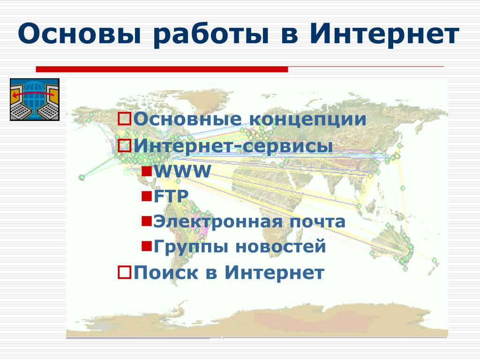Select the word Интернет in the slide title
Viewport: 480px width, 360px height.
click(x=384, y=34)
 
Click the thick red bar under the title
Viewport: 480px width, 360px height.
click(x=162, y=69)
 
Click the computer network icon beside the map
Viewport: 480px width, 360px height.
click(x=35, y=99)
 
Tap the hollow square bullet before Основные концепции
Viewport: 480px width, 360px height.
click(x=125, y=119)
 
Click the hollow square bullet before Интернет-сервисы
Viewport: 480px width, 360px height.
click(x=125, y=145)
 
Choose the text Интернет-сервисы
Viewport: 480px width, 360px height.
click(x=233, y=146)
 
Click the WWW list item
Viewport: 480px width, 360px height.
click(x=182, y=171)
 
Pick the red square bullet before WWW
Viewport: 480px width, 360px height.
click(x=147, y=171)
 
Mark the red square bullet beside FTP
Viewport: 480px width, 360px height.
click(x=147, y=196)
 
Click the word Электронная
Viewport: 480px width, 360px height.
click(x=217, y=222)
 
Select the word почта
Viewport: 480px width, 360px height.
click(x=317, y=222)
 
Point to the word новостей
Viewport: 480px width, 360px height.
click(x=281, y=247)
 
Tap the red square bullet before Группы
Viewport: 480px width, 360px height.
click(x=147, y=246)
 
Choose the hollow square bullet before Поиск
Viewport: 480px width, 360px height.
click(x=125, y=272)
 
